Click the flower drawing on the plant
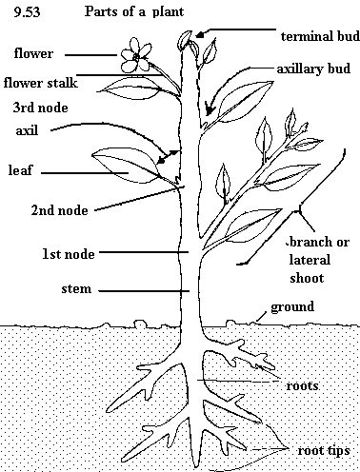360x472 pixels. (x=135, y=55)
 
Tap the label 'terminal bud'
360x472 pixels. (x=320, y=36)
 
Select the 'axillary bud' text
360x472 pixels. (x=313, y=69)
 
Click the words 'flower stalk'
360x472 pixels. (x=40, y=83)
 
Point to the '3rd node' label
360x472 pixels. (x=40, y=108)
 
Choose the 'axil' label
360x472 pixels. (x=27, y=130)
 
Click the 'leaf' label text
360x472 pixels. (x=20, y=170)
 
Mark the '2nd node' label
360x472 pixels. (x=59, y=210)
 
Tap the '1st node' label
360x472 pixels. (x=69, y=254)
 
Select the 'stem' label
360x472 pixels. (x=76, y=288)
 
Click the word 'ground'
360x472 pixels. (x=292, y=307)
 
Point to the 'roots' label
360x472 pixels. (x=302, y=386)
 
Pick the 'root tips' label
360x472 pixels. (x=324, y=451)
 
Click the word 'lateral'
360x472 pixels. (x=310, y=260)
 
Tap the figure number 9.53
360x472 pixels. (x=27, y=12)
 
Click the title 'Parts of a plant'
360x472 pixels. (x=134, y=11)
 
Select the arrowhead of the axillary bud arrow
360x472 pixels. (x=209, y=108)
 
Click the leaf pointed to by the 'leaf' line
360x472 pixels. (x=127, y=166)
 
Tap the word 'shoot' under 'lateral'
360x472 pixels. (x=307, y=278)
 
